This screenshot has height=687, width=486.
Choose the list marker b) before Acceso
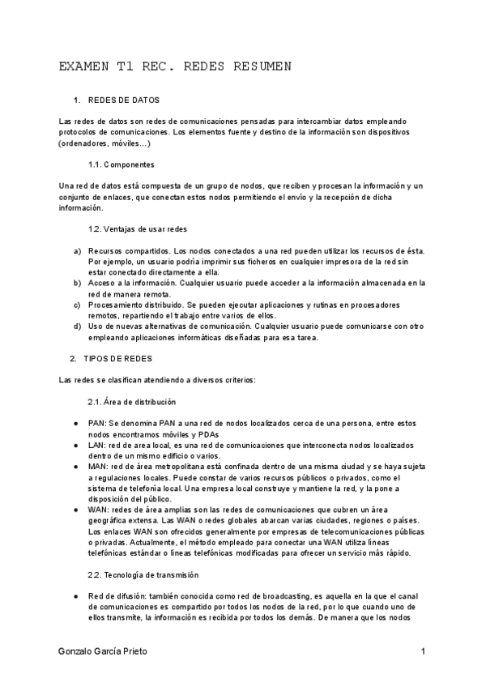pos(77,283)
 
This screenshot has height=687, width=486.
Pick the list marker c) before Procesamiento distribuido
pos(77,305)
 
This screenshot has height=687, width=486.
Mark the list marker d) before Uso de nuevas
pos(77,326)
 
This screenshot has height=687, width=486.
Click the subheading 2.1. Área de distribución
pos(131,402)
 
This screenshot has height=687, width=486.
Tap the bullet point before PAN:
pos(75,424)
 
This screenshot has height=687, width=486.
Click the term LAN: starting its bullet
pos(97,446)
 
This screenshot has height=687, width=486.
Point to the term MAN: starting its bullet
pos(98,467)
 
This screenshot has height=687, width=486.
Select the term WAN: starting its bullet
pos(98,510)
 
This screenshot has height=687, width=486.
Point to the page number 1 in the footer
pos(423,651)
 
